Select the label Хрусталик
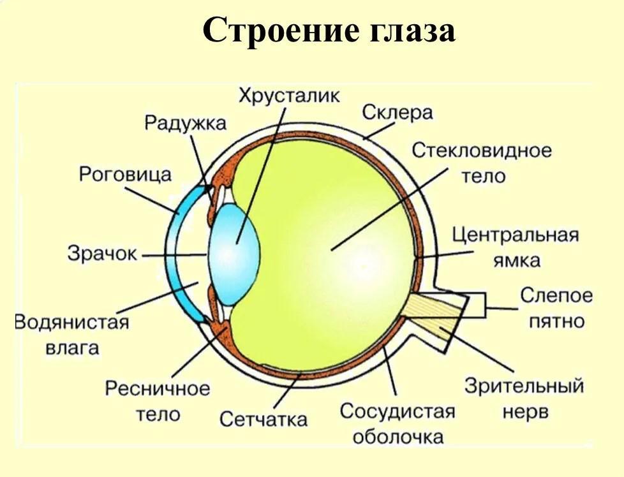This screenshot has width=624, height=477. tap(289, 96)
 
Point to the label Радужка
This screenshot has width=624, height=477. tap(185, 122)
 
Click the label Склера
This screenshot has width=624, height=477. tap(397, 113)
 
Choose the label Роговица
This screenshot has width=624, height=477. tap(125, 173)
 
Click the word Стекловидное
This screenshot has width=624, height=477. tap(482, 151)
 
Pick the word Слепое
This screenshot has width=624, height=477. tap(556, 296)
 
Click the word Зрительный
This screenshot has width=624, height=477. tap(524, 386)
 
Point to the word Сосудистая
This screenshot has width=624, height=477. tap(397, 411)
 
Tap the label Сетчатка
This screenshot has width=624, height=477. tap(264, 419)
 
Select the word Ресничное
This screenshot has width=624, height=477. tap(158, 388)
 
